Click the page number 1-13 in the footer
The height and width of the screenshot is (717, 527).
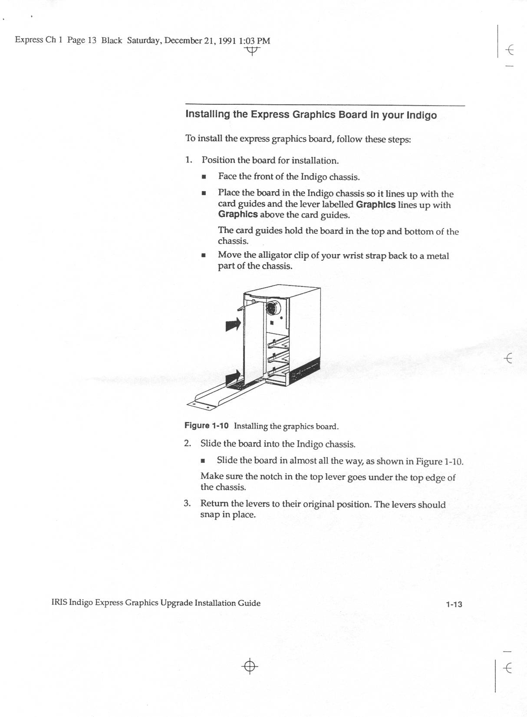pos(453,604)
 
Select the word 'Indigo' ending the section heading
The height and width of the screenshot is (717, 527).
pos(422,116)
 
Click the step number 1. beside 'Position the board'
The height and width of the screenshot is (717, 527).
pos(188,159)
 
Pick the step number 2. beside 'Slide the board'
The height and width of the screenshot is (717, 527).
pos(188,443)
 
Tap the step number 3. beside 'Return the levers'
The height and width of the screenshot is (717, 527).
pos(187,504)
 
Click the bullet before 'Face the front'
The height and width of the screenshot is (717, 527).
pos(203,177)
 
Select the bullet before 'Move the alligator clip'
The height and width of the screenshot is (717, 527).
pos(203,256)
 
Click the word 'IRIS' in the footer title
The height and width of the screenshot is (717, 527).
pos(59,603)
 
